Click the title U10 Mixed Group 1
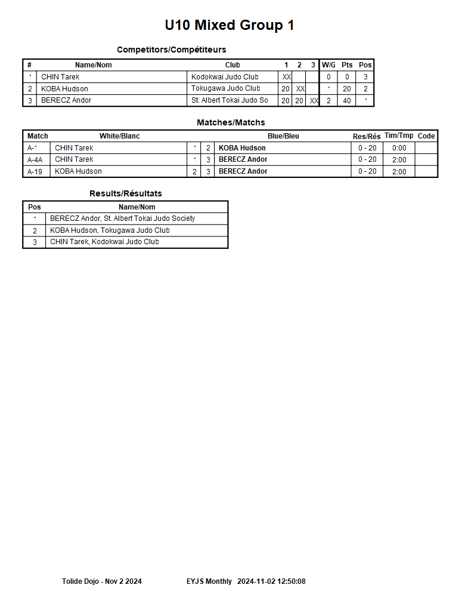tap(229, 25)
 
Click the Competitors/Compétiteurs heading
tap(171, 50)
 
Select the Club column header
tap(232, 65)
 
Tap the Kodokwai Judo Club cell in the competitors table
tap(225, 77)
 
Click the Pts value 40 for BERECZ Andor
tap(347, 101)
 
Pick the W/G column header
tap(328, 65)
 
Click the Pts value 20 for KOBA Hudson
tap(347, 89)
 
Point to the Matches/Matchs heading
tap(231, 122)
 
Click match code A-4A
tap(35, 159)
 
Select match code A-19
tap(35, 171)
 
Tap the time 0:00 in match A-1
tap(399, 148)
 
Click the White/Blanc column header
tap(119, 136)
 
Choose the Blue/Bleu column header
tap(283, 136)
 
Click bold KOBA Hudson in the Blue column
tap(242, 148)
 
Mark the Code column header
tap(426, 136)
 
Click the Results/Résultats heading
tap(125, 193)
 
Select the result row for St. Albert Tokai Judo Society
tap(122, 218)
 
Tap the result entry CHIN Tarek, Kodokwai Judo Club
tap(104, 242)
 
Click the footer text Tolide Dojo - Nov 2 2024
tap(102, 581)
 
